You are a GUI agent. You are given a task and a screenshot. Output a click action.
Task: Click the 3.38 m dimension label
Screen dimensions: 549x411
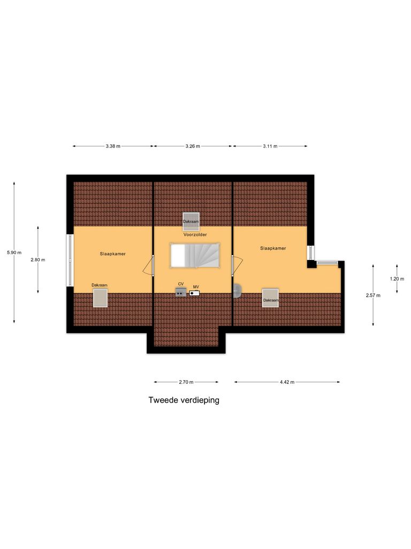113,146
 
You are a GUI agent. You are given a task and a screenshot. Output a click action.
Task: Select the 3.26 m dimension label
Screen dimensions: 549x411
193,146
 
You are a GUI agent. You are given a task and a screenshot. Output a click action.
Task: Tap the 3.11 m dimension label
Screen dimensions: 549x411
270,146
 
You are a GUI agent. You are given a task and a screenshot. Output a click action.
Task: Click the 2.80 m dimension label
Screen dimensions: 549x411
38,259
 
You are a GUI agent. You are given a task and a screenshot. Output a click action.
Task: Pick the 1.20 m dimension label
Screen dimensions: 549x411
397,279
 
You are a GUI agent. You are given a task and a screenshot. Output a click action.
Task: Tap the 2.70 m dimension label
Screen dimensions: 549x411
186,382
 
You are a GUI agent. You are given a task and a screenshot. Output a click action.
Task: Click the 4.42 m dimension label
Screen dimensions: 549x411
287,382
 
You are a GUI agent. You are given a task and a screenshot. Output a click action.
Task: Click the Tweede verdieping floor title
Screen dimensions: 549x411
184,400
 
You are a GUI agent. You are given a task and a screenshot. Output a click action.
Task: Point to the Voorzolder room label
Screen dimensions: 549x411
195,235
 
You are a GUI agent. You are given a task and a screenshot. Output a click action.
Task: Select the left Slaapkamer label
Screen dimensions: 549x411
112,254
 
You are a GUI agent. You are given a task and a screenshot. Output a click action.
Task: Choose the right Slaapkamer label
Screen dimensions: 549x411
273,248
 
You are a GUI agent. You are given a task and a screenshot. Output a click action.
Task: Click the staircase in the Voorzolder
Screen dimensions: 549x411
195,255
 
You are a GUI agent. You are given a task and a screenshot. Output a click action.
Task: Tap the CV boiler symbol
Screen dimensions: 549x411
181,292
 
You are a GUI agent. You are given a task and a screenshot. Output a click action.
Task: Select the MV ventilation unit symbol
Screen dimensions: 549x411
195,293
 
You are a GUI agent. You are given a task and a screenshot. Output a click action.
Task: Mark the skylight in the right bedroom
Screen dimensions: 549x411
270,298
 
